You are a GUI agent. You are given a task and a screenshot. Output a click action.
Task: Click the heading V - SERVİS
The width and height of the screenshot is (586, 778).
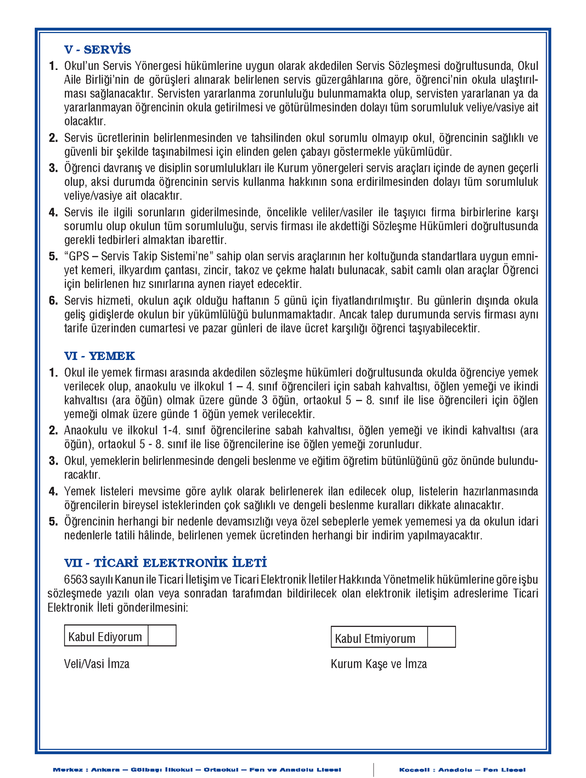coord(98,50)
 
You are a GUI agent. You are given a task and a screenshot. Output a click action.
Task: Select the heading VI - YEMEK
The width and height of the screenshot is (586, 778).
coord(99,356)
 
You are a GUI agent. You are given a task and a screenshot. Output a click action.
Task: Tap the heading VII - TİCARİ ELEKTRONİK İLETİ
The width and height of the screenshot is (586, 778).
coord(165,563)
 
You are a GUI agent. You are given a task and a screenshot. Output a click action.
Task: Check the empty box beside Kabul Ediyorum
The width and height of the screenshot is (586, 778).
coord(162,636)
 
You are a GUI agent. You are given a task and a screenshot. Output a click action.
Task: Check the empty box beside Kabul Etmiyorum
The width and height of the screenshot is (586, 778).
coord(441,637)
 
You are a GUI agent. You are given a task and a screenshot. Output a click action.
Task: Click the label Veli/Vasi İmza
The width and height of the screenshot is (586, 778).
coord(97,664)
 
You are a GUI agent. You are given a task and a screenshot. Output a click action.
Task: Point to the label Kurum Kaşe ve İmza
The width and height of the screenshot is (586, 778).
coord(379,664)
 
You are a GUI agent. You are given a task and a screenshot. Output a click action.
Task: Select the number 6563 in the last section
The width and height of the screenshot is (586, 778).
coord(76,579)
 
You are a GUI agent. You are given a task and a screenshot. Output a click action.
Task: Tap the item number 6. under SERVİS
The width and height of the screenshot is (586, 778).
coord(53,301)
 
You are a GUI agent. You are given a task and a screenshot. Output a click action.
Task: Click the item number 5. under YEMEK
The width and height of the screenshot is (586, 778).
coord(53,522)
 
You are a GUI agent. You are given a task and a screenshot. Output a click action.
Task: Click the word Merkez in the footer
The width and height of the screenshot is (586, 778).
coord(67,770)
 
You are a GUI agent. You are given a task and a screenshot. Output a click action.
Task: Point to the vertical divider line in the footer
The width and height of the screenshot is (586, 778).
coord(374,770)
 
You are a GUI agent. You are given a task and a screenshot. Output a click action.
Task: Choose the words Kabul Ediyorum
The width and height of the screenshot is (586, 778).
coord(105,637)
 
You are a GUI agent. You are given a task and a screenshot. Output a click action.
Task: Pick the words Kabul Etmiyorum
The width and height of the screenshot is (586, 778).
coord(375,639)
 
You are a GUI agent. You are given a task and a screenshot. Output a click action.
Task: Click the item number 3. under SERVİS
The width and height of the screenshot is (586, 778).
coord(53,169)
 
